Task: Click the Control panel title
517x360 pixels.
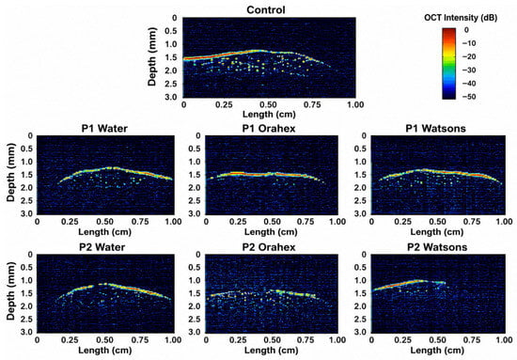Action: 266,10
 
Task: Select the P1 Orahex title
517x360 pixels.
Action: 269,128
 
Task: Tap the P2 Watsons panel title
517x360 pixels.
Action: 437,247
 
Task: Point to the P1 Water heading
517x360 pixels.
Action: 104,128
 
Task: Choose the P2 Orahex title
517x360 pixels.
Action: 269,247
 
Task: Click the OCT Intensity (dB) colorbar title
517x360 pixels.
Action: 461,18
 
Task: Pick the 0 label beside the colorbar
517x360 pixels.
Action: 466,30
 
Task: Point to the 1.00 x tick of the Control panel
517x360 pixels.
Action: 355,105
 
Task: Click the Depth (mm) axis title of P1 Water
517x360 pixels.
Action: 11,172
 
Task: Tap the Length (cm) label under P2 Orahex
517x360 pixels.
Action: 272,350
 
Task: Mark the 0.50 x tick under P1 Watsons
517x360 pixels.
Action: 438,222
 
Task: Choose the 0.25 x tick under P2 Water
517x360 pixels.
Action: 70,340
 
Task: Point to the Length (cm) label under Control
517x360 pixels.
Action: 269,115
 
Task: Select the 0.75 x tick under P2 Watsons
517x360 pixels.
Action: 472,340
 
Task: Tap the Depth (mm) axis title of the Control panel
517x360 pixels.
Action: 152,56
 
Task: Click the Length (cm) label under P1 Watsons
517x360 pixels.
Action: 437,232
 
